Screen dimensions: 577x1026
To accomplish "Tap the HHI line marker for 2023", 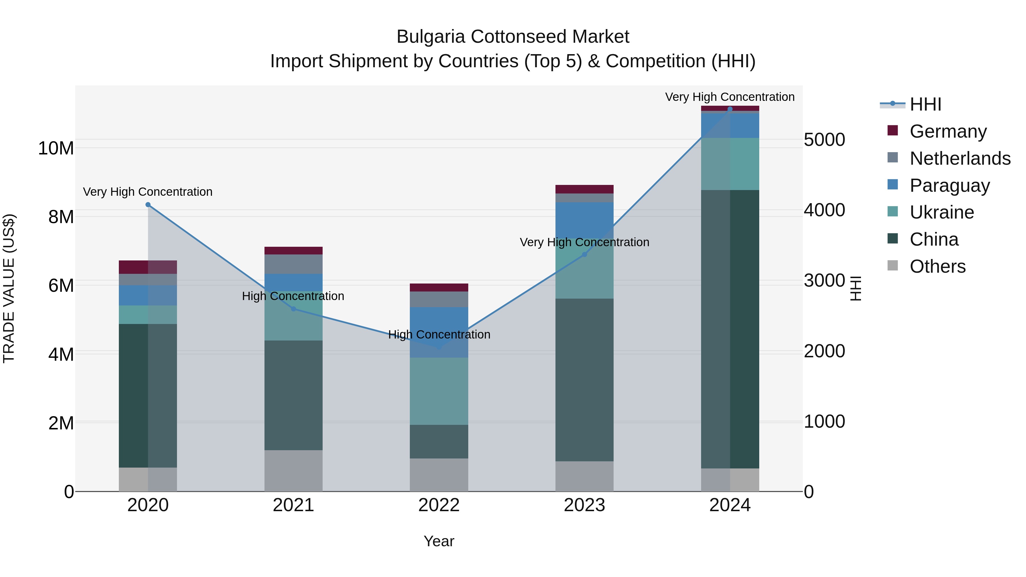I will pos(584,254).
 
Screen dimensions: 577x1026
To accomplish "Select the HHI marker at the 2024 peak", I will pos(730,109).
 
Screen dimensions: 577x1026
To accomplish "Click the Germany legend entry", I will pos(948,131).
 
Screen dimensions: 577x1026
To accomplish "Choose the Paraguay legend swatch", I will pos(893,185).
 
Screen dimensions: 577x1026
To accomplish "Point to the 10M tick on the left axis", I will pos(56,148).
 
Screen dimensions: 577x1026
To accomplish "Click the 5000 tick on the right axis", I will pos(824,140).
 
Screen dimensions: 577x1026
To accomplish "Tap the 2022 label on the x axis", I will pos(439,505).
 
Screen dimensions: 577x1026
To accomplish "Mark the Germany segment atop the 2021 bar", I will pos(294,250).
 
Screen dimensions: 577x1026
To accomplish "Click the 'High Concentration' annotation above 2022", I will pos(439,335).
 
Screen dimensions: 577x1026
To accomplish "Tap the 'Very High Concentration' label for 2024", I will pos(730,97).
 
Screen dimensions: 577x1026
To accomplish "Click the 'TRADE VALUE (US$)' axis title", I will pos(9,288).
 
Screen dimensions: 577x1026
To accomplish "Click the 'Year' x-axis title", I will pos(439,541).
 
